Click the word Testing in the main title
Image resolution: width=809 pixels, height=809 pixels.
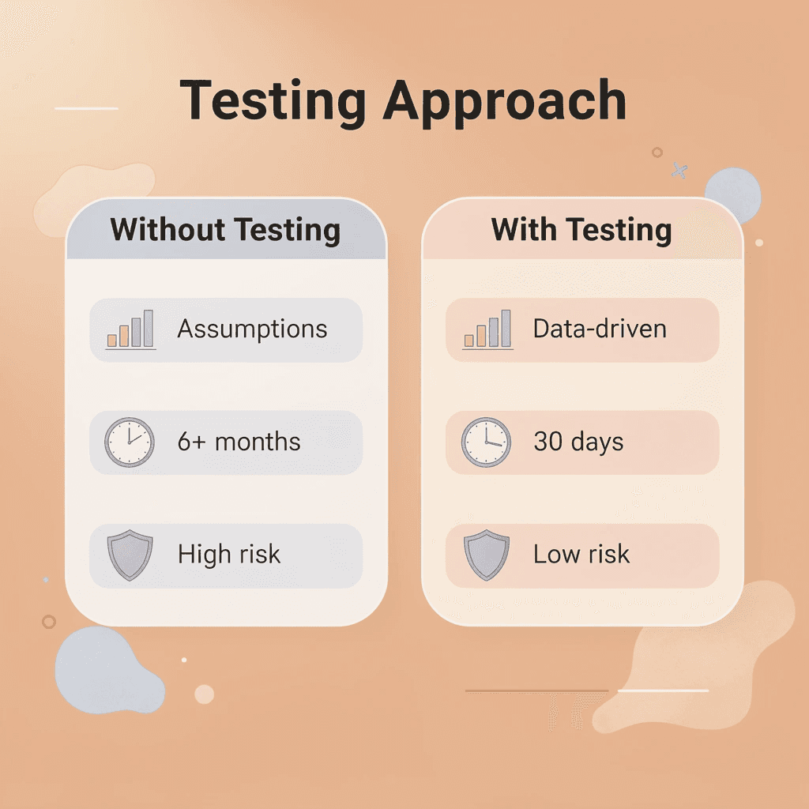click(x=273, y=101)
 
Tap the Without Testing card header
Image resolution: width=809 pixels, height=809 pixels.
click(x=226, y=230)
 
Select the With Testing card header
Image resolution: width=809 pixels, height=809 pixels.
click(x=581, y=230)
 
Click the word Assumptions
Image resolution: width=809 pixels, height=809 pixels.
click(x=252, y=329)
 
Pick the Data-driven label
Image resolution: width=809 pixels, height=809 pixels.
click(x=600, y=329)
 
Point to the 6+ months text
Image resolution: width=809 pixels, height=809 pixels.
click(x=239, y=441)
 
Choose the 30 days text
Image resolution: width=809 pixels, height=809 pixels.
click(x=578, y=441)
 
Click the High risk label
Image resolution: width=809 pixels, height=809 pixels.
click(x=229, y=554)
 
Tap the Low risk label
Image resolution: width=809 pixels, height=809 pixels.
click(x=581, y=554)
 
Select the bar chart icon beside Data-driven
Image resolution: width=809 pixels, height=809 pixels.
click(x=487, y=329)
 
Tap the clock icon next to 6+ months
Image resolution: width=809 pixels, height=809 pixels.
click(x=130, y=442)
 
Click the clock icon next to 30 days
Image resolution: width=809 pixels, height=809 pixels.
click(x=486, y=442)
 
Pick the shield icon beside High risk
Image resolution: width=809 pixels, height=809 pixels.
click(x=130, y=554)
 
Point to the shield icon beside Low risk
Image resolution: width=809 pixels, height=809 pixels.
click(x=486, y=554)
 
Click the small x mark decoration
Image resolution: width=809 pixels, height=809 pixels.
click(x=679, y=169)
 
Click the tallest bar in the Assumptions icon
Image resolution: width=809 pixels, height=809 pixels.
click(x=147, y=328)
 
